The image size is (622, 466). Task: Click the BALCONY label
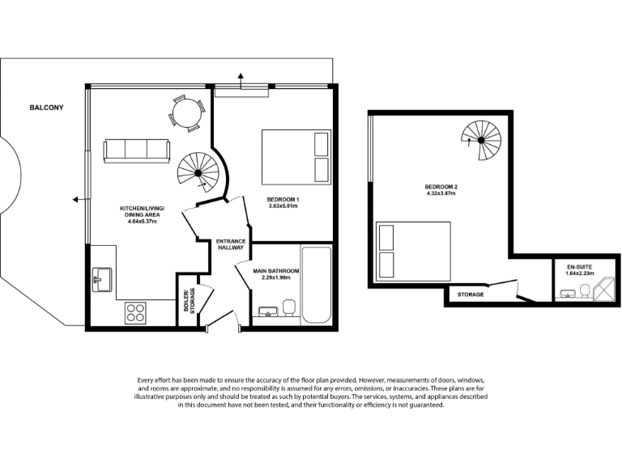click(x=46, y=108)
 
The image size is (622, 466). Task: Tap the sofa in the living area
click(x=136, y=150)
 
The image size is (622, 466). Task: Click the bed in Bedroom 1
click(x=296, y=157)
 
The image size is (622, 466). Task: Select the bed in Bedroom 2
click(x=414, y=252)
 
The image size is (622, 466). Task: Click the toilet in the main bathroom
click(x=288, y=308)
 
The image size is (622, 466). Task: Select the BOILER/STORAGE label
click(x=188, y=300)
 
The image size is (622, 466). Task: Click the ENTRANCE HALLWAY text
click(x=231, y=244)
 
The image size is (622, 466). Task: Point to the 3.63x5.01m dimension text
click(x=283, y=206)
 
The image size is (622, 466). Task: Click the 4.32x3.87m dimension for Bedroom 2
click(x=441, y=194)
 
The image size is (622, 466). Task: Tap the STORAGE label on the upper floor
click(x=471, y=294)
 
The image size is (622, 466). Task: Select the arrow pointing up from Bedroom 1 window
click(x=241, y=77)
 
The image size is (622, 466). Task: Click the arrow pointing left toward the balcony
click(x=75, y=198)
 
